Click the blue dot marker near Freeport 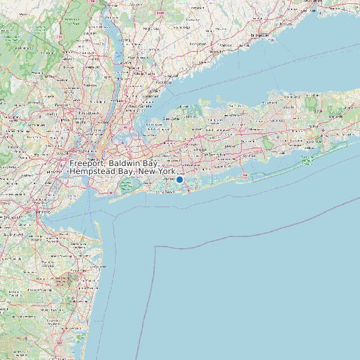[x=179, y=179]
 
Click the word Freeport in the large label [x=89, y=163]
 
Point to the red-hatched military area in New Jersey [x=66, y=282]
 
